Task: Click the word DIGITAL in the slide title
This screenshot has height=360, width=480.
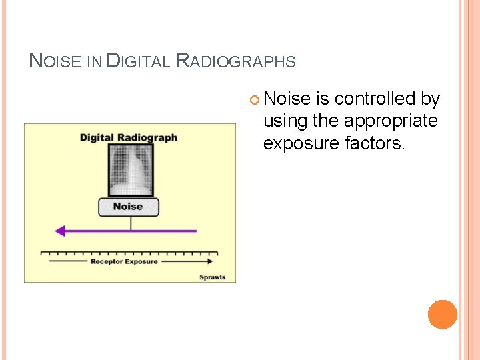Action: coord(137,61)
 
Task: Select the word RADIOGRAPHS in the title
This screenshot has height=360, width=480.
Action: coord(235,61)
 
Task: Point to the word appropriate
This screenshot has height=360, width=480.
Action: coord(393,121)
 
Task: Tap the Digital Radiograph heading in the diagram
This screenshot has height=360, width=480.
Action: coord(129,137)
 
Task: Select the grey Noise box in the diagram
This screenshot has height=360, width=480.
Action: coord(129,207)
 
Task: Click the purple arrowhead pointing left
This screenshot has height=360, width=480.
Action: coord(61,231)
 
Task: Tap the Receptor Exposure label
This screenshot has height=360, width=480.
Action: coord(124,261)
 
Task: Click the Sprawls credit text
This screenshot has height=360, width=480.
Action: coord(213,277)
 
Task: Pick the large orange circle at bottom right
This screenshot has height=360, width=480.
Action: coord(443,315)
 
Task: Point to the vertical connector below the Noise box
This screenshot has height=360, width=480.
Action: coord(131,223)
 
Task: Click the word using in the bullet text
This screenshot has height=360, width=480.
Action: coord(285,121)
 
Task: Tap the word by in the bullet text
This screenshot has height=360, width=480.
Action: coord(431,99)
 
